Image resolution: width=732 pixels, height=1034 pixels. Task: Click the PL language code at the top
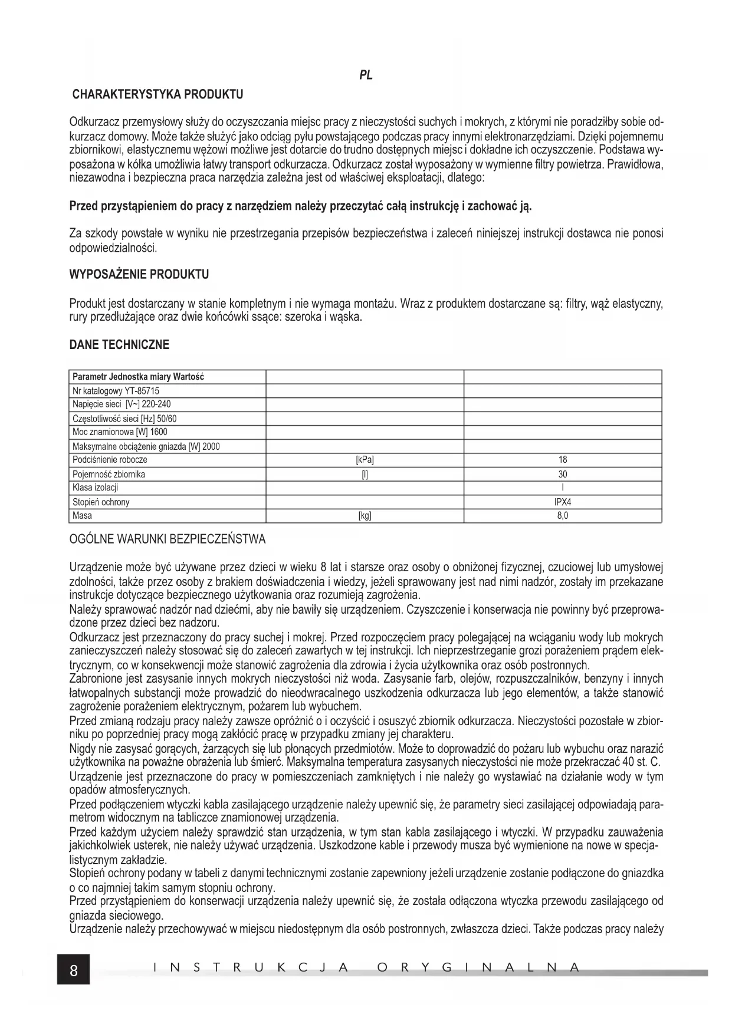[366, 75]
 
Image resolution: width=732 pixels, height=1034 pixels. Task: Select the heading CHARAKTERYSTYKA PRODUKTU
[157, 94]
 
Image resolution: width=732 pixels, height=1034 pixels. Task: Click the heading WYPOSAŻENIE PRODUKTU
[139, 275]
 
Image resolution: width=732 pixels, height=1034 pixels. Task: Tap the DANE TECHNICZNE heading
[119, 345]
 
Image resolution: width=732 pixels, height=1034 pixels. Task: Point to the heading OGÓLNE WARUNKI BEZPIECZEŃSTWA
[168, 539]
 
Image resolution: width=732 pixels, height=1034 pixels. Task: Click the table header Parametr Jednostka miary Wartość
[138, 377]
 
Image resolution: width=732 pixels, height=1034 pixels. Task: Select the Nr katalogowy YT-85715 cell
[116, 391]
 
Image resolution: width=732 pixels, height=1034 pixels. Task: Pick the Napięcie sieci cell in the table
[122, 404]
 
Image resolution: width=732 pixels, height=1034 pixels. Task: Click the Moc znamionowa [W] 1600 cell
[120, 432]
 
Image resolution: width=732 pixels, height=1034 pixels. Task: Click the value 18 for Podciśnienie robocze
[563, 460]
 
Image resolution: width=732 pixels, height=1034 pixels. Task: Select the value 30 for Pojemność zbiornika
[563, 474]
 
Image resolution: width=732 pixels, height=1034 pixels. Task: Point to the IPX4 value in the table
[563, 502]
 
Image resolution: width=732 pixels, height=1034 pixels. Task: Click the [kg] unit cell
[365, 516]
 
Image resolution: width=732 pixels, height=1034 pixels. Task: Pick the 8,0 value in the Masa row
[563, 516]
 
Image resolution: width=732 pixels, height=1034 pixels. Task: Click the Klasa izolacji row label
[96, 488]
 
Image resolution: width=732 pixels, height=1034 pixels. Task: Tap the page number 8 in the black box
[74, 970]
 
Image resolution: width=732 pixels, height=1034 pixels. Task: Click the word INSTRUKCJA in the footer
[248, 967]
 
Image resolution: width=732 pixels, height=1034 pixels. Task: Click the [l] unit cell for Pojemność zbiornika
[365, 474]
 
